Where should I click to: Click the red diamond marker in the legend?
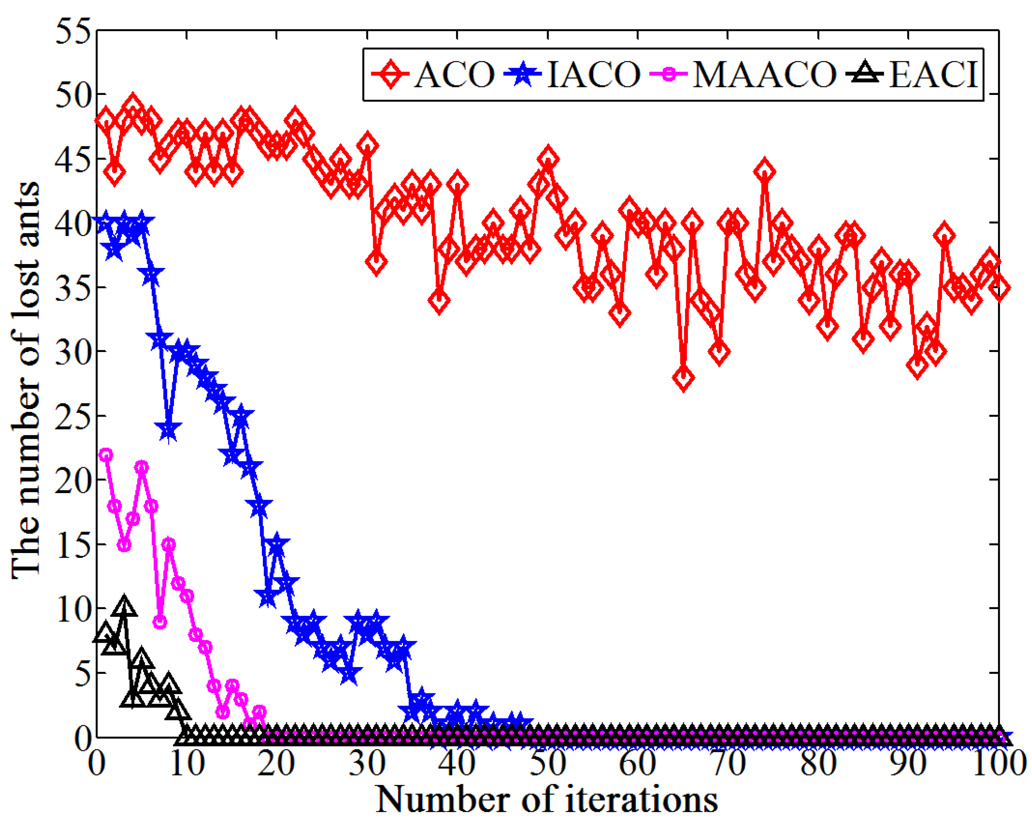click(391, 74)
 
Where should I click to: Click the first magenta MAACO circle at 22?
click(105, 455)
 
